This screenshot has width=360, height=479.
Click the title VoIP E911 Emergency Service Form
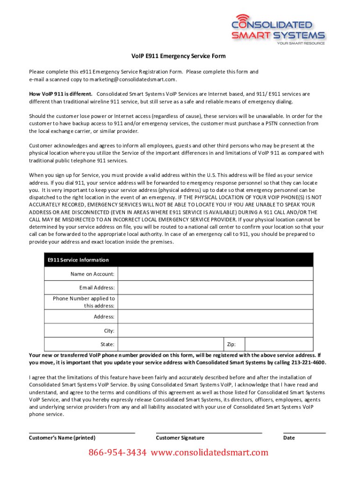click(x=178, y=56)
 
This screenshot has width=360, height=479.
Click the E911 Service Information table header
click(x=179, y=260)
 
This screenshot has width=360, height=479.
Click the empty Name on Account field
click(x=214, y=274)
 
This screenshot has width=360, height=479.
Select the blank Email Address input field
click(x=214, y=288)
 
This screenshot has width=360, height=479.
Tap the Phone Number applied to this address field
click(x=214, y=302)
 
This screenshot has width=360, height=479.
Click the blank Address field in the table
click(x=214, y=317)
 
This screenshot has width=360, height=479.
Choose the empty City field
click(x=214, y=331)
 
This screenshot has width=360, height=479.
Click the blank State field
click(x=169, y=345)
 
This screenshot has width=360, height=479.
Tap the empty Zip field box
click(x=279, y=345)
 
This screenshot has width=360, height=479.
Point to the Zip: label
click(x=231, y=345)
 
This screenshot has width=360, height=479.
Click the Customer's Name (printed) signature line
click(x=82, y=432)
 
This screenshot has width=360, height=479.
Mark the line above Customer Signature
click(x=209, y=432)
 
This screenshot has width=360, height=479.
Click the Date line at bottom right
click(x=304, y=432)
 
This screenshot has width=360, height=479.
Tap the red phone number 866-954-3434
click(x=118, y=452)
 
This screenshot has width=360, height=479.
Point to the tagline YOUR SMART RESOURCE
click(x=301, y=44)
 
